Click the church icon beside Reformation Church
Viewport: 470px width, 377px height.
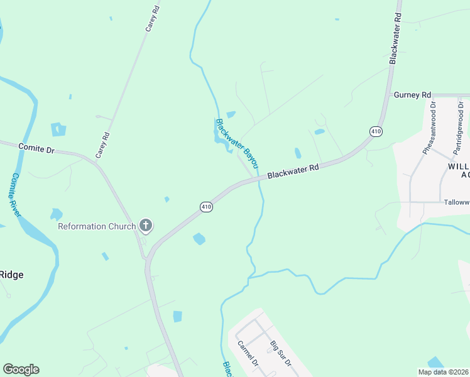[146, 226]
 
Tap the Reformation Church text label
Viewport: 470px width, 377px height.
[97, 226]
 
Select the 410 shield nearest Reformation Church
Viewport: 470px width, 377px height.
[206, 206]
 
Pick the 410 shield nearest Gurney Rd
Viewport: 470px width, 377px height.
[376, 131]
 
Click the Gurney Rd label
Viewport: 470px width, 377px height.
[412, 95]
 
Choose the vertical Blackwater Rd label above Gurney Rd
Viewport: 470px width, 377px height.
[395, 38]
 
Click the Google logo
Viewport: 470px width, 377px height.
[21, 369]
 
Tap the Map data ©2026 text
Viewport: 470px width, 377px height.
[442, 372]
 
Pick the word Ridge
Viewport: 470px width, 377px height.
[11, 274]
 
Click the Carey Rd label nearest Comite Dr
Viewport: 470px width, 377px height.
[102, 145]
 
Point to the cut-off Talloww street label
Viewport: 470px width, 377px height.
[456, 202]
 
